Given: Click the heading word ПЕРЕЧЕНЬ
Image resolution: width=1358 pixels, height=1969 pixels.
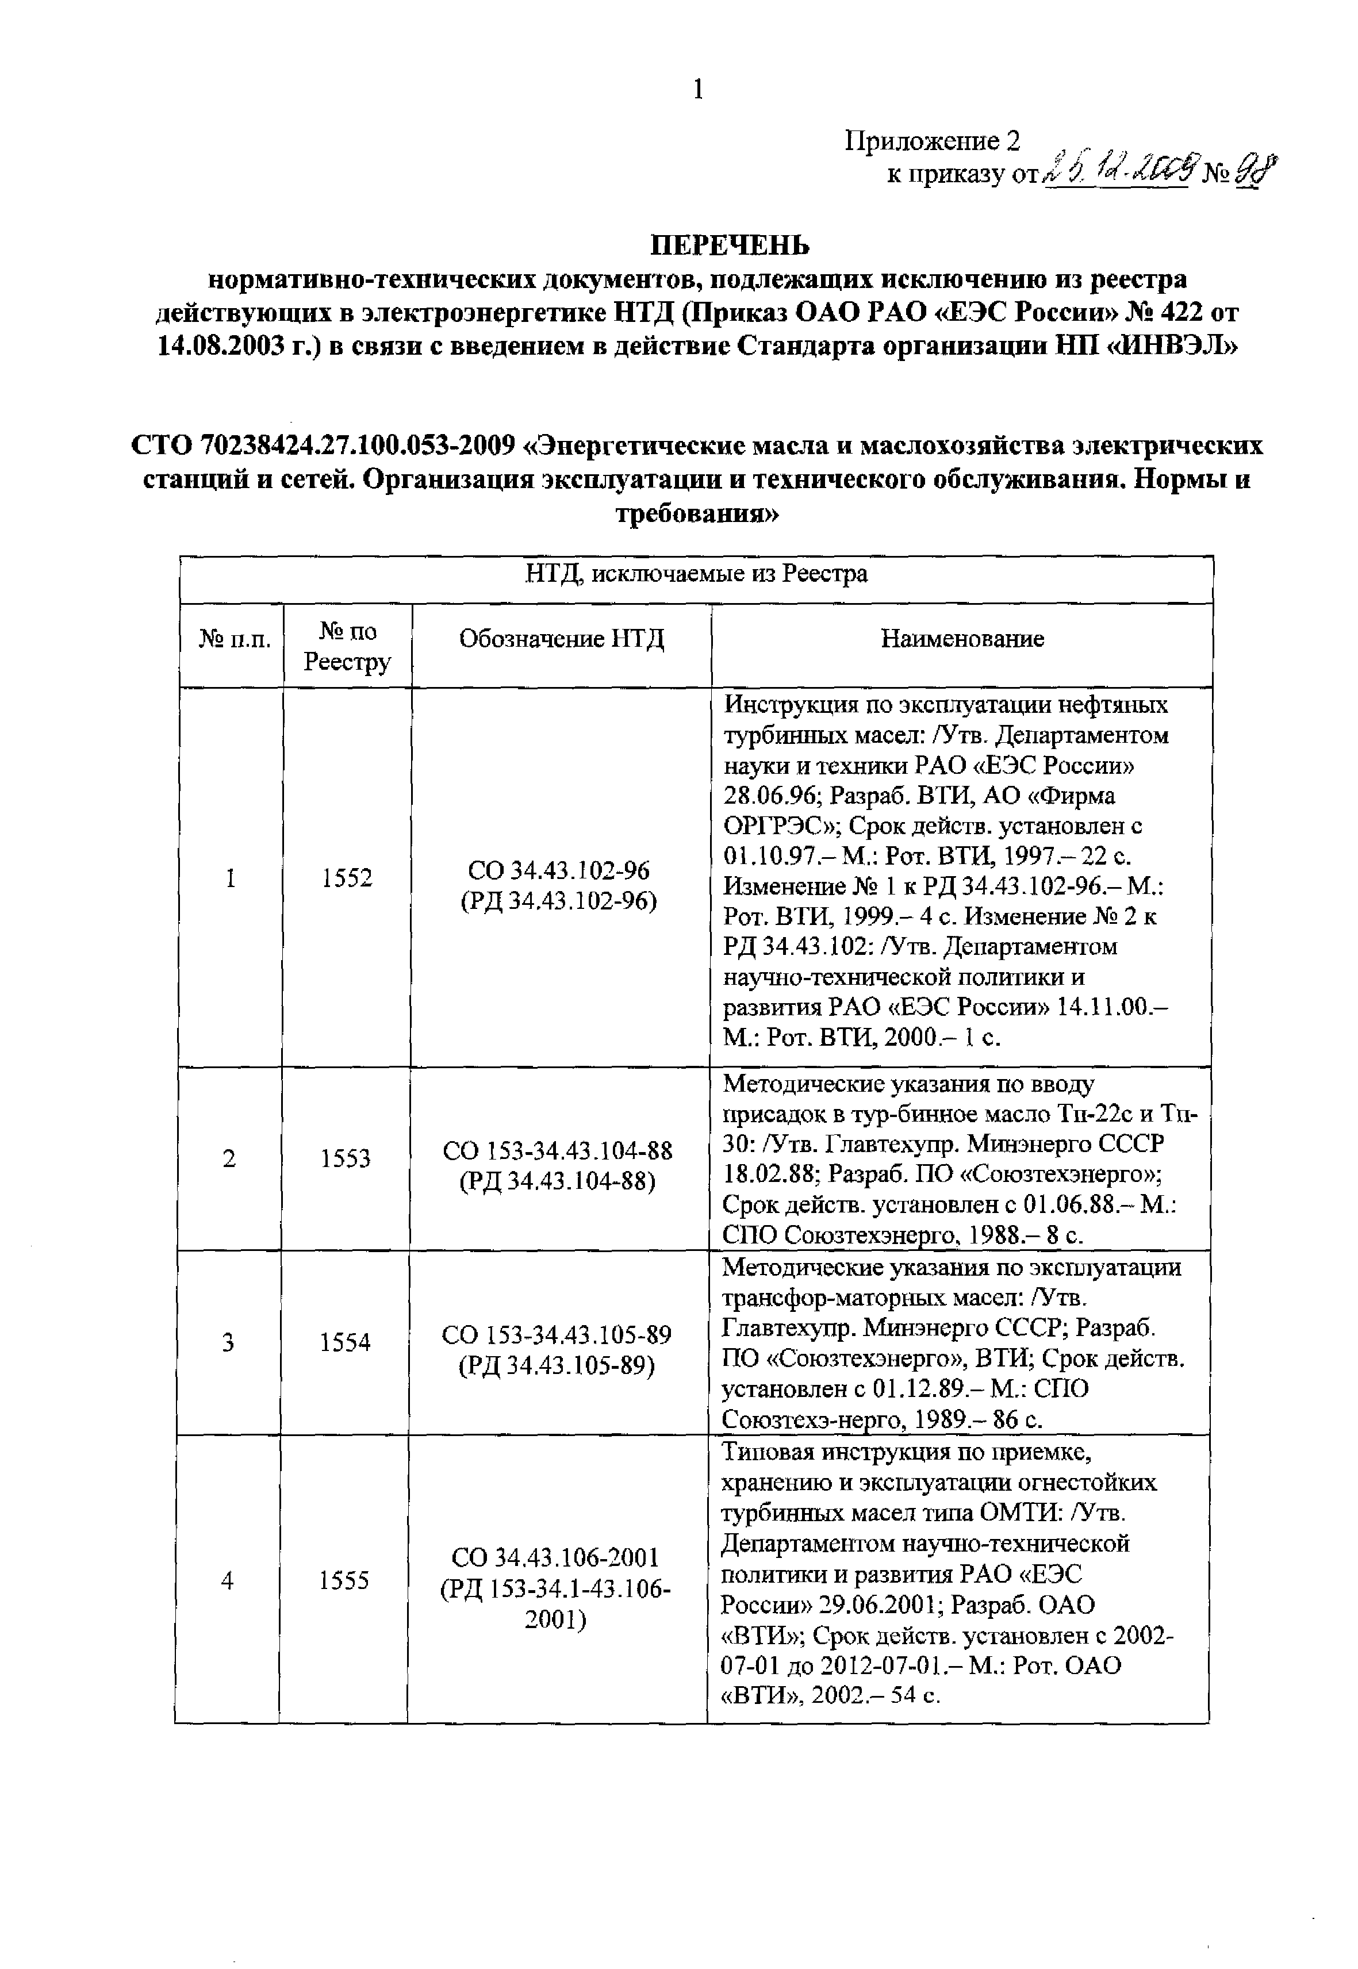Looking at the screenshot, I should pos(730,246).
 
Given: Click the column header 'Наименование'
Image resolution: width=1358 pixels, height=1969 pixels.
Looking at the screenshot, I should pos(961,639).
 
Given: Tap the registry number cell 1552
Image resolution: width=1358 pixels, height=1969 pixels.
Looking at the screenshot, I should pos(347,878).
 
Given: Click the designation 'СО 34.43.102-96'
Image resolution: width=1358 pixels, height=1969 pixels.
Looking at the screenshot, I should pos(559,870).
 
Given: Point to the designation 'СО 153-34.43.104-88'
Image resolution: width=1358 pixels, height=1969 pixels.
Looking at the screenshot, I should pos(557,1152).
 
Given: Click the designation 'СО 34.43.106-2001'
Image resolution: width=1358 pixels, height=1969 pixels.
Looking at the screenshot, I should pos(555,1557).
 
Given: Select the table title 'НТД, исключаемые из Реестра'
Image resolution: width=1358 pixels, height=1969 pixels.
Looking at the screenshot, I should pos(696,574).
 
